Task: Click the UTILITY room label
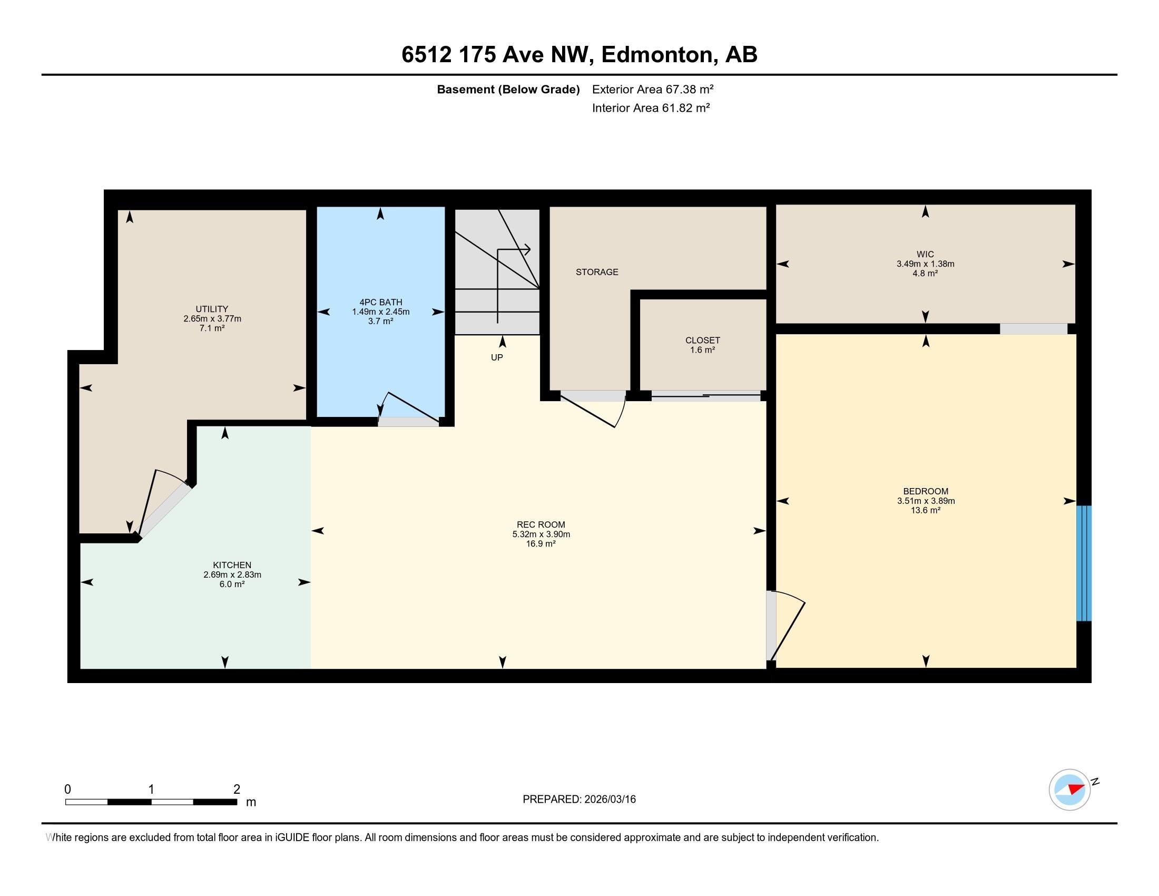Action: tap(212, 309)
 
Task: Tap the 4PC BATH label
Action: tap(380, 303)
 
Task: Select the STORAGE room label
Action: tap(597, 272)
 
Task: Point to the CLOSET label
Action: tap(703, 340)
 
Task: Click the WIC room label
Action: tap(925, 254)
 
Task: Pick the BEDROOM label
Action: tap(926, 492)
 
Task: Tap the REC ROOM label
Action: tap(541, 525)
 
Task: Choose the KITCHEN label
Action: tap(232, 566)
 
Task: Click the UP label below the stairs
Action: tap(497, 358)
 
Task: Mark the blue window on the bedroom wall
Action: tap(1084, 563)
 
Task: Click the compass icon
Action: tap(1070, 790)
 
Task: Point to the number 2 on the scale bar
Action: tap(237, 790)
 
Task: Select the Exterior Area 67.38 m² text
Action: tap(653, 89)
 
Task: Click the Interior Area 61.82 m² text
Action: tap(651, 108)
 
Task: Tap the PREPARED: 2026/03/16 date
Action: tap(579, 800)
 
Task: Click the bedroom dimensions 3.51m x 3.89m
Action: tap(926, 501)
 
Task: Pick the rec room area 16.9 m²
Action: tap(541, 544)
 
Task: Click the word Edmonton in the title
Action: tap(657, 55)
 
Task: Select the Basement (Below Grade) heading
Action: tap(508, 90)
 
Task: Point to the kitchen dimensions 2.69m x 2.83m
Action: tap(232, 575)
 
